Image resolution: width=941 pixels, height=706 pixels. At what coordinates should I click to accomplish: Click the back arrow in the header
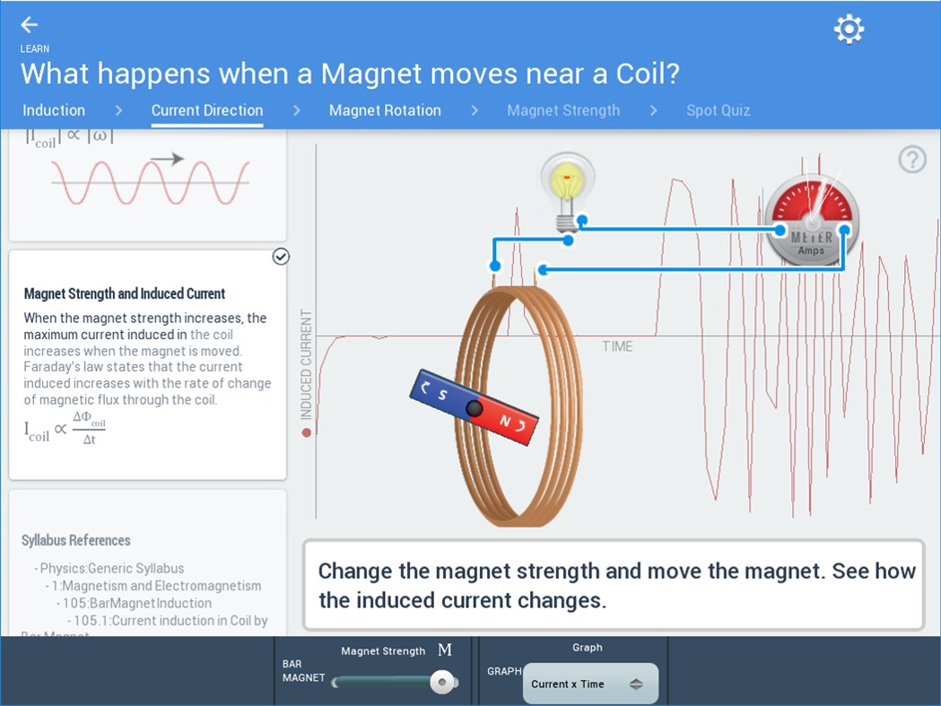pyautogui.click(x=30, y=25)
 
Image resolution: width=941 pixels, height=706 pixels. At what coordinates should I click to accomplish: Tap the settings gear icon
pyautogui.click(x=848, y=29)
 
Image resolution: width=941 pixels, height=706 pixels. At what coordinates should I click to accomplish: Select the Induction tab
pyautogui.click(x=54, y=110)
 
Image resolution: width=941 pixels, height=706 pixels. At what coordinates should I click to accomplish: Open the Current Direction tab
pyautogui.click(x=207, y=110)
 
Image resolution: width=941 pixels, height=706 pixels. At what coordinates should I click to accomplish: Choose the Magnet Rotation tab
pyautogui.click(x=385, y=110)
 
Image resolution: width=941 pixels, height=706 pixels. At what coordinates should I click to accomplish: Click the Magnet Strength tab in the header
pyautogui.click(x=563, y=110)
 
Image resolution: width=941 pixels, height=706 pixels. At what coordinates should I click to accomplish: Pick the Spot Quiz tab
pyautogui.click(x=718, y=110)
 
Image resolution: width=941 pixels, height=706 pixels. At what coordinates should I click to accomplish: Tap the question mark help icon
pyautogui.click(x=912, y=160)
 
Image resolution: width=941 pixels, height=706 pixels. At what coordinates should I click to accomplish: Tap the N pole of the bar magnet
pyautogui.click(x=510, y=423)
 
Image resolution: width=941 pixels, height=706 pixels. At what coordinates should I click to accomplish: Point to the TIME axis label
pyautogui.click(x=617, y=346)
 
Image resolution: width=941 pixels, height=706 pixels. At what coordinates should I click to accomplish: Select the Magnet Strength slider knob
pyautogui.click(x=440, y=683)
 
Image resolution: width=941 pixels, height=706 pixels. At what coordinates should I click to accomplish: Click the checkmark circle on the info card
pyautogui.click(x=281, y=257)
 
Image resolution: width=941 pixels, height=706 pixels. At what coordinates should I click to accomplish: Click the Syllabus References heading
pyautogui.click(x=76, y=540)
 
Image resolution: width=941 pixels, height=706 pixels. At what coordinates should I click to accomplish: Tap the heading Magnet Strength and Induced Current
pyautogui.click(x=125, y=293)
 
